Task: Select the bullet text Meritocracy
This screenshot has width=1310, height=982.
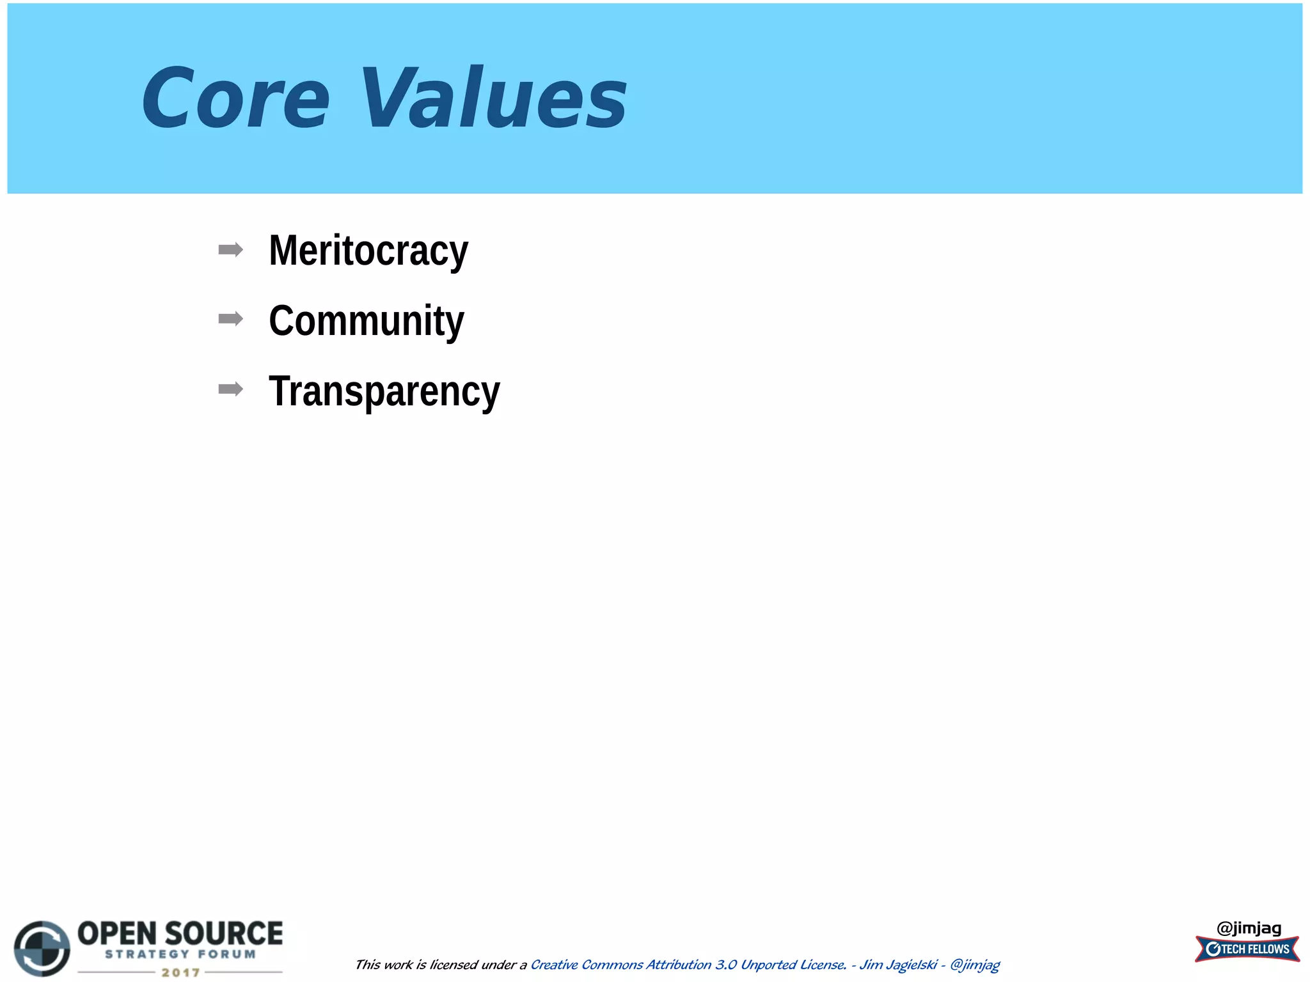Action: pyautogui.click(x=368, y=250)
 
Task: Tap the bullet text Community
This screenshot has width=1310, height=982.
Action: pyautogui.click(x=366, y=320)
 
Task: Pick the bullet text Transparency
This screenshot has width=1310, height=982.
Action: pyautogui.click(x=384, y=391)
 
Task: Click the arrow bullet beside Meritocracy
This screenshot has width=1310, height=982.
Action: pyautogui.click(x=230, y=249)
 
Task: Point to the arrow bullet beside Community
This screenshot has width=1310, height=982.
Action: pyautogui.click(x=230, y=318)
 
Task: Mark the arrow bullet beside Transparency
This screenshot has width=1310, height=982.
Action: pyautogui.click(x=230, y=389)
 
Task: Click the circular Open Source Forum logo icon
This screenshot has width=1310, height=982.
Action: pyautogui.click(x=42, y=948)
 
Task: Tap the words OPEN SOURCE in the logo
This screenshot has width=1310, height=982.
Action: pyautogui.click(x=180, y=933)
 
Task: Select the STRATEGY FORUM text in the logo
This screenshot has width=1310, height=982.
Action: pyautogui.click(x=180, y=955)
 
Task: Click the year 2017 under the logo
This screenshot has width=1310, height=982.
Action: pyautogui.click(x=180, y=972)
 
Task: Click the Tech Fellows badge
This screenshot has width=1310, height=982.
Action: pyautogui.click(x=1247, y=949)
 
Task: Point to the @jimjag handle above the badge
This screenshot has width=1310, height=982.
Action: pyautogui.click(x=1249, y=928)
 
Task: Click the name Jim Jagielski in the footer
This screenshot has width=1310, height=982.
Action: pyautogui.click(x=898, y=965)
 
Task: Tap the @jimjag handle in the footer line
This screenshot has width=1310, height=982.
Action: pyautogui.click(x=975, y=965)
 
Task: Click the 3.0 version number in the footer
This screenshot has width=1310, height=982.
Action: pyautogui.click(x=726, y=965)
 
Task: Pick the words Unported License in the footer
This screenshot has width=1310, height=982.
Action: pyautogui.click(x=793, y=965)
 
